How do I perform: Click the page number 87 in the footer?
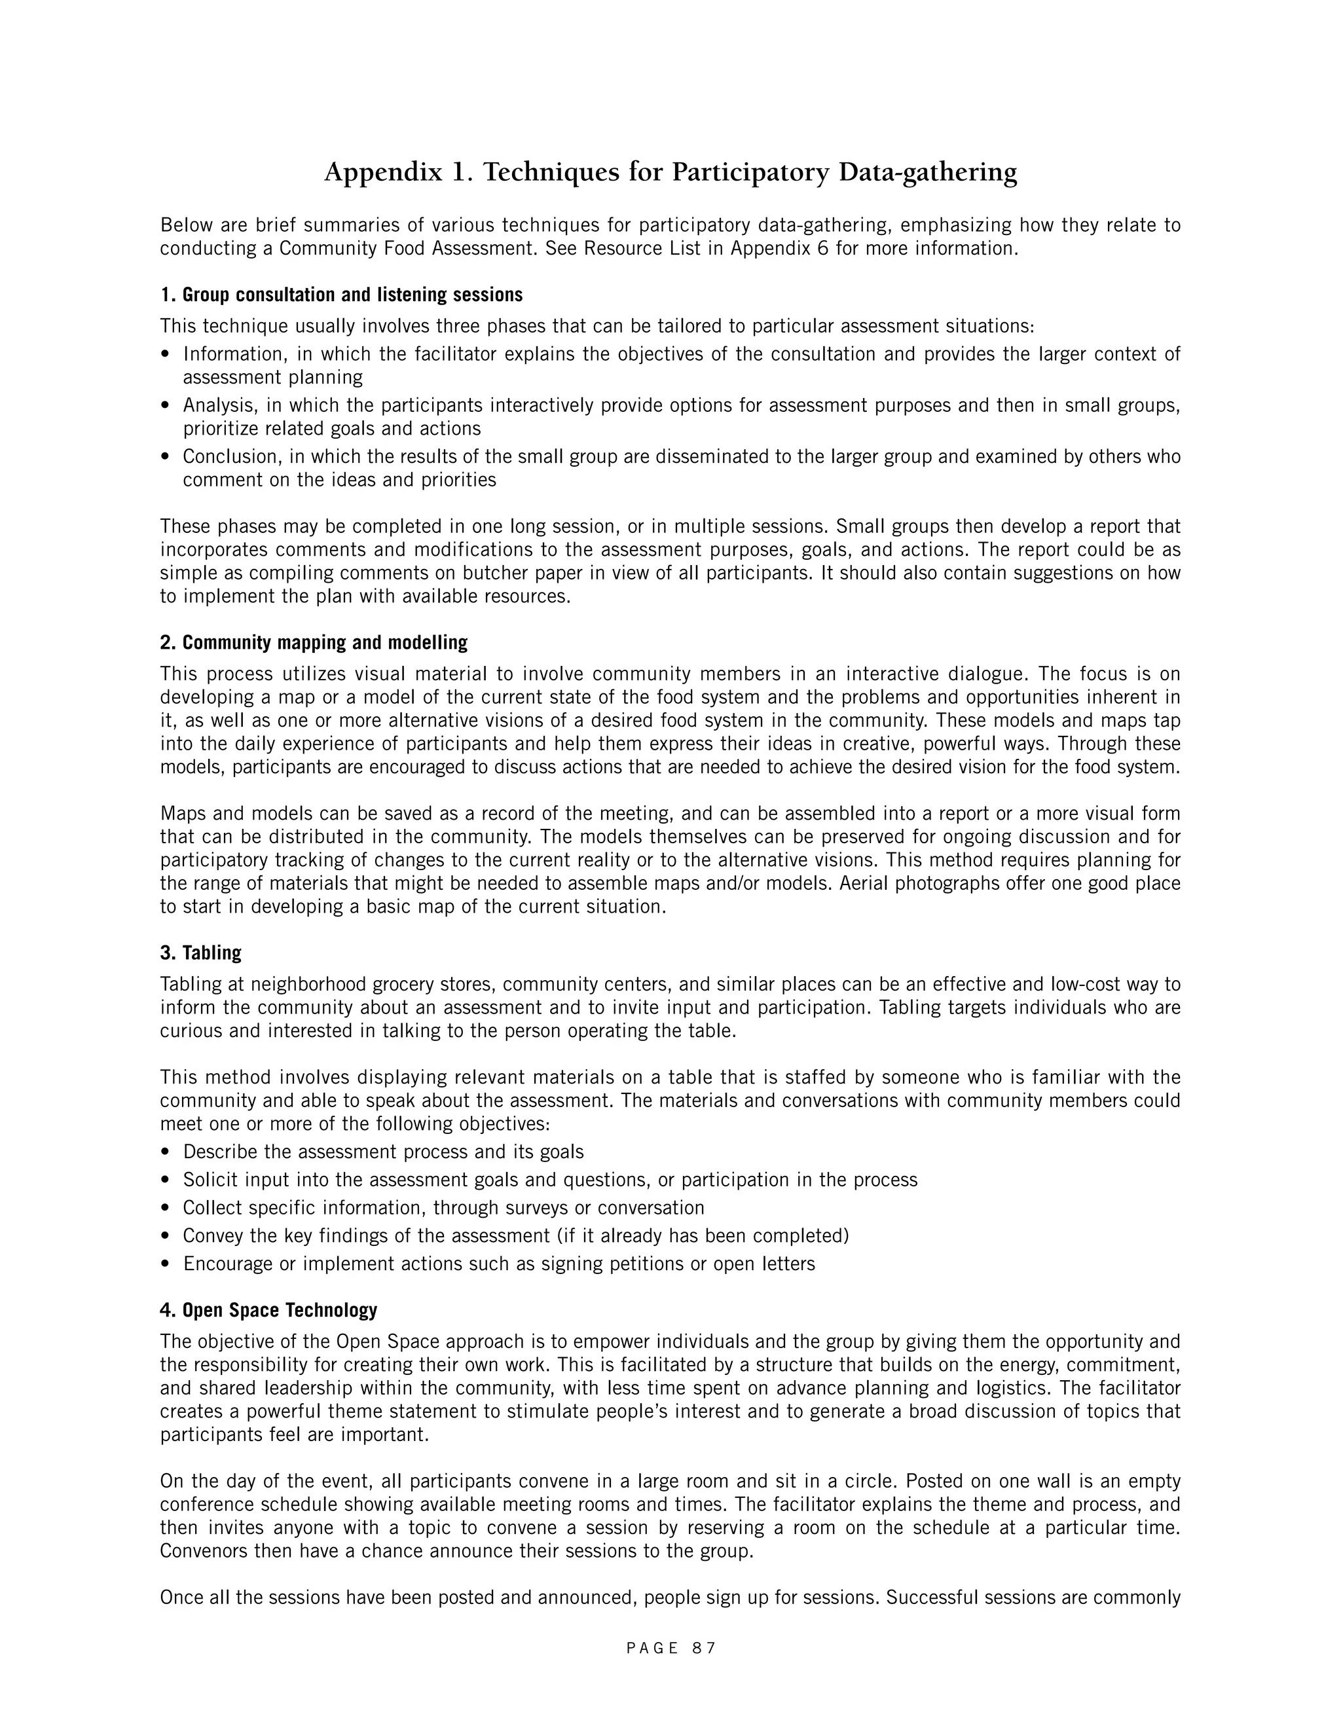(704, 1648)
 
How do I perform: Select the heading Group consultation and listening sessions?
(342, 295)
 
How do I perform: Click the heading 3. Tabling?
(200, 953)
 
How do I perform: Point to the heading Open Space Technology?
(268, 1310)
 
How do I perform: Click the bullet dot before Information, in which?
(164, 355)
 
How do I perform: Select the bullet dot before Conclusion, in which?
(164, 458)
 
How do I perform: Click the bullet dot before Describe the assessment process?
(164, 1153)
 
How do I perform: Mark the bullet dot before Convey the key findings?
(164, 1237)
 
